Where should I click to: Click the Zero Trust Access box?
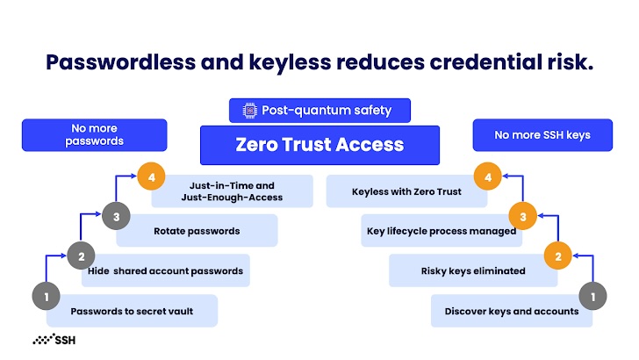coord(319,145)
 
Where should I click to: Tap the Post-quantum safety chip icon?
coord(250,111)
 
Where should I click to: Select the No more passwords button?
coord(95,135)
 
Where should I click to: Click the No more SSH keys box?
coord(542,135)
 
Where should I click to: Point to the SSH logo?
coord(54,339)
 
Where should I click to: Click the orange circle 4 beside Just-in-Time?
coord(151,176)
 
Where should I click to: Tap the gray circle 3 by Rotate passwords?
coord(116,216)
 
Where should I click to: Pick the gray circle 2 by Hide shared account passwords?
coord(81,256)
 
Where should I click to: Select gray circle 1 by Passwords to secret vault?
coord(46,296)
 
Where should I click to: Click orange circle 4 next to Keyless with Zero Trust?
coord(488,176)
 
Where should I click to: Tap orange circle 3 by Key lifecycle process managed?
coord(523,216)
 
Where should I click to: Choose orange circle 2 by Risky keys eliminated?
coord(558,256)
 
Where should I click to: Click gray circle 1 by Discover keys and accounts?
coord(592,296)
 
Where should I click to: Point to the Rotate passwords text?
coord(197,231)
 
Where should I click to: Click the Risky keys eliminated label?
coord(473,271)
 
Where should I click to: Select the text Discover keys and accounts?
coord(512,312)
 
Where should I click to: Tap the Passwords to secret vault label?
coord(132,312)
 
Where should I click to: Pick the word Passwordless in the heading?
coord(121,62)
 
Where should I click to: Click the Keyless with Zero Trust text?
coord(406,192)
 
